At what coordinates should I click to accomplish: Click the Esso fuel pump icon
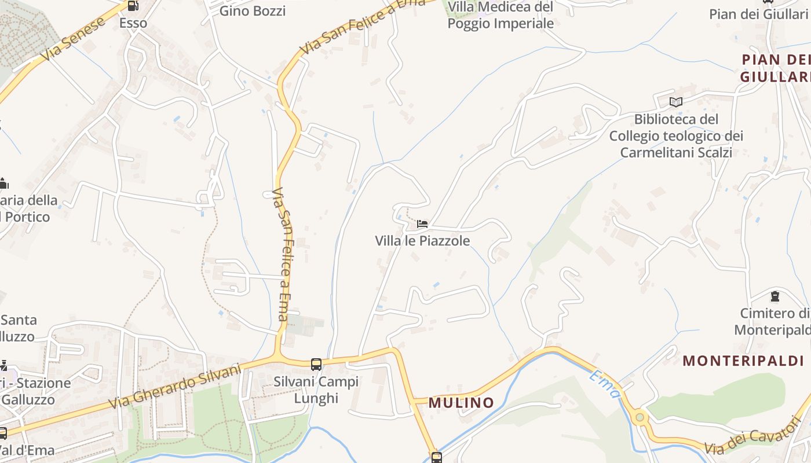pos(133,6)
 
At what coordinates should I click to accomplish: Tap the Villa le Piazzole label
pos(422,241)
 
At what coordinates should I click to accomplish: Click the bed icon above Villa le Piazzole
pos(422,224)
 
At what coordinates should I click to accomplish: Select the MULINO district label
pos(461,403)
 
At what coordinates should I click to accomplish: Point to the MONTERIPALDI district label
pos(743,361)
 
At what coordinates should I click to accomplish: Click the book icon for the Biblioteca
pos(675,102)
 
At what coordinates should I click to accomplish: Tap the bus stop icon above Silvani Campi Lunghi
pos(316,365)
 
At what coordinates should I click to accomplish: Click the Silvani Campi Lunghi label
pos(316,390)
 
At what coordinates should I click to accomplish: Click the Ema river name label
pos(605,385)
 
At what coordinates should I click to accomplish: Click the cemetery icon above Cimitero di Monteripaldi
pos(775,297)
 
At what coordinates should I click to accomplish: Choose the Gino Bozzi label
pos(253,10)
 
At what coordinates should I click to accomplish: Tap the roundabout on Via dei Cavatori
pos(640,417)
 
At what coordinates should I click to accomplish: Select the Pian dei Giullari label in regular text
pos(759,14)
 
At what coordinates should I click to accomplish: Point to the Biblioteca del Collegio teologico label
pos(676,135)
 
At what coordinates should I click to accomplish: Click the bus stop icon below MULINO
pos(437,457)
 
